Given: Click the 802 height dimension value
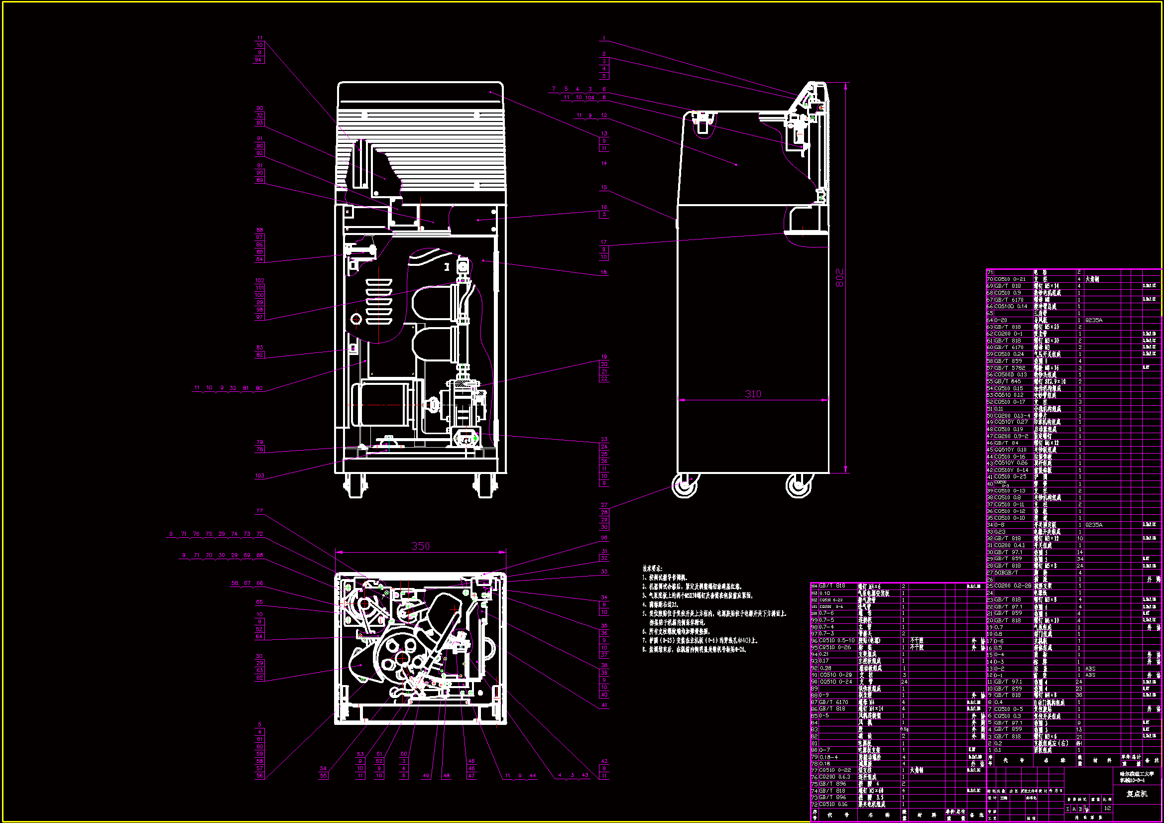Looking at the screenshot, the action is click(x=839, y=278).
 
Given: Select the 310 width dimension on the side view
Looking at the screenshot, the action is click(x=753, y=394).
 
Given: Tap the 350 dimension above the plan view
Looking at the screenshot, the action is click(x=420, y=546).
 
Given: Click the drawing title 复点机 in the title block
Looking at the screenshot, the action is click(x=1137, y=794).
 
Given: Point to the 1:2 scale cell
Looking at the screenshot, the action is click(x=1107, y=808).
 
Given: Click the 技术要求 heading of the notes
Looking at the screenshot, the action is click(x=652, y=569).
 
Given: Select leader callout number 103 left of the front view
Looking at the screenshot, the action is click(x=259, y=475).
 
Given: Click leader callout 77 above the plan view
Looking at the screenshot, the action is click(x=259, y=511).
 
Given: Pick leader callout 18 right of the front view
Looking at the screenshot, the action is click(x=604, y=272).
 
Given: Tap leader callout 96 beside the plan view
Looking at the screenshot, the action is click(x=604, y=538).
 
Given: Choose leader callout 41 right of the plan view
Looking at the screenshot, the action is click(x=604, y=705).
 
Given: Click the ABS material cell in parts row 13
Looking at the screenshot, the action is click(x=1090, y=668).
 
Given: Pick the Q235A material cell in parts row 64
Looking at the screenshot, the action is click(x=1093, y=320).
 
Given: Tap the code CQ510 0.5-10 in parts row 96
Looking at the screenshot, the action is click(x=836, y=640).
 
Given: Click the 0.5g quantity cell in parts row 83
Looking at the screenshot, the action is click(x=905, y=729).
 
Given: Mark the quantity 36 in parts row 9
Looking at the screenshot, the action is click(x=1079, y=695).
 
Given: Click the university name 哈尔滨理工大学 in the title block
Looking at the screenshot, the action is click(x=1137, y=774).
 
